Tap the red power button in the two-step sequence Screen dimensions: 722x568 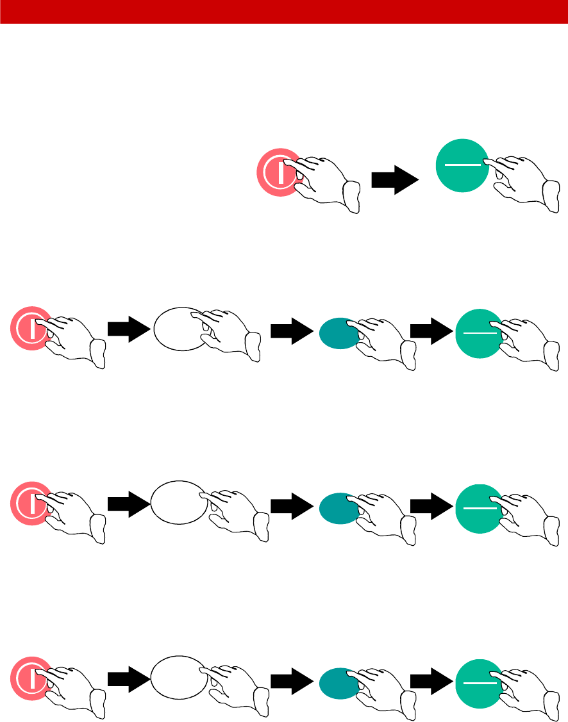click(272, 172)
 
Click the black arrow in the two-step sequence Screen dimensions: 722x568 click(394, 179)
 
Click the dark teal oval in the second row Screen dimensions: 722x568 click(337, 332)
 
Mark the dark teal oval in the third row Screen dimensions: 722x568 click(337, 507)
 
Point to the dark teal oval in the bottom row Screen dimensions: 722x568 click(337, 682)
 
